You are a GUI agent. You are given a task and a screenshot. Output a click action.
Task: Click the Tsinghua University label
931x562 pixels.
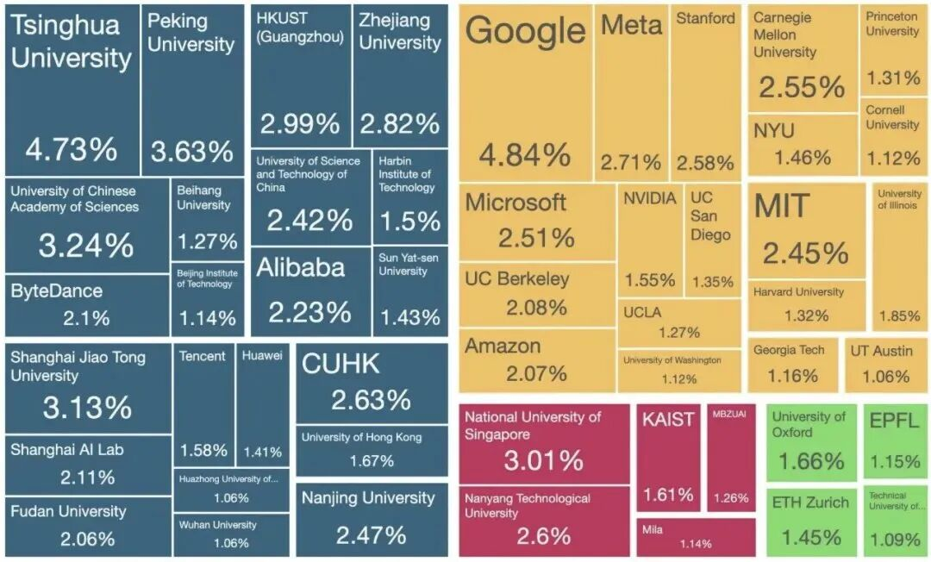pyautogui.click(x=71, y=41)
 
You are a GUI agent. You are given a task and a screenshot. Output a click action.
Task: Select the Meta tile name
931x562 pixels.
pyautogui.click(x=631, y=25)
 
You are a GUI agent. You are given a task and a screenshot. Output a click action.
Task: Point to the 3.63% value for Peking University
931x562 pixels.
pyautogui.click(x=191, y=152)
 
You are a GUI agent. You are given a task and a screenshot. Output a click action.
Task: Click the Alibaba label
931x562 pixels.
pyautogui.click(x=299, y=267)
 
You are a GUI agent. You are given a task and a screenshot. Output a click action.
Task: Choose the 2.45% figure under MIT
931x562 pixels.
pyautogui.click(x=805, y=253)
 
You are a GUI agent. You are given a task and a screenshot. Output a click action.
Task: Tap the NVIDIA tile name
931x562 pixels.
pyautogui.click(x=650, y=198)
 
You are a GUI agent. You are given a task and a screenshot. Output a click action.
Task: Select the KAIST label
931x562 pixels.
pyautogui.click(x=668, y=420)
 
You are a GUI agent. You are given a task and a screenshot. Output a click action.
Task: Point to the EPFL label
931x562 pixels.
pyautogui.click(x=894, y=422)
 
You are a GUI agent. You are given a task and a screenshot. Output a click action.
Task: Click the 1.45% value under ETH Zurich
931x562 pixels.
pyautogui.click(x=810, y=538)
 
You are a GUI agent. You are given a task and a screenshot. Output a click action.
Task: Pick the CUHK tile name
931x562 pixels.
pyautogui.click(x=341, y=364)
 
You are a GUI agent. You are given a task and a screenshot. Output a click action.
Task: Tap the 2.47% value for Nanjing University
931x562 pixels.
pyautogui.click(x=371, y=535)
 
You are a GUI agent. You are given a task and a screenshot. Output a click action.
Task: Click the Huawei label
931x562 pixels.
pyautogui.click(x=262, y=356)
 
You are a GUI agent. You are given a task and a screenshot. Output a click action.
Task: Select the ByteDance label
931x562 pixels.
pyautogui.click(x=56, y=291)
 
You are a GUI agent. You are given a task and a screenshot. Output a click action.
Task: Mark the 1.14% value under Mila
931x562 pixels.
pyautogui.click(x=695, y=544)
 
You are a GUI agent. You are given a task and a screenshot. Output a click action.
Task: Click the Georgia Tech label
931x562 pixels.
pyautogui.click(x=789, y=350)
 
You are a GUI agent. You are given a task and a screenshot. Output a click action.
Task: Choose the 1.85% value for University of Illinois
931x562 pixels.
pyautogui.click(x=900, y=316)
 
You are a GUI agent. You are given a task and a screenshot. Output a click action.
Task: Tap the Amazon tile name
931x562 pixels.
pyautogui.click(x=503, y=347)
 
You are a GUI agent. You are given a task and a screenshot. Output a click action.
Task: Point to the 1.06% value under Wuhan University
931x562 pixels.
pyautogui.click(x=231, y=543)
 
